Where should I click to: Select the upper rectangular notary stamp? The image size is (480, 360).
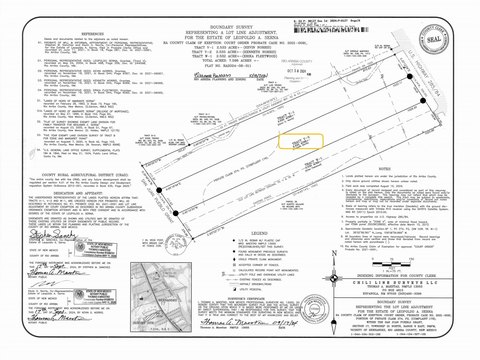pyautogui.click(x=139, y=296)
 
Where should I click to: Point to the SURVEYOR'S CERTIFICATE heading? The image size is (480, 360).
pyautogui.click(x=240, y=288)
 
